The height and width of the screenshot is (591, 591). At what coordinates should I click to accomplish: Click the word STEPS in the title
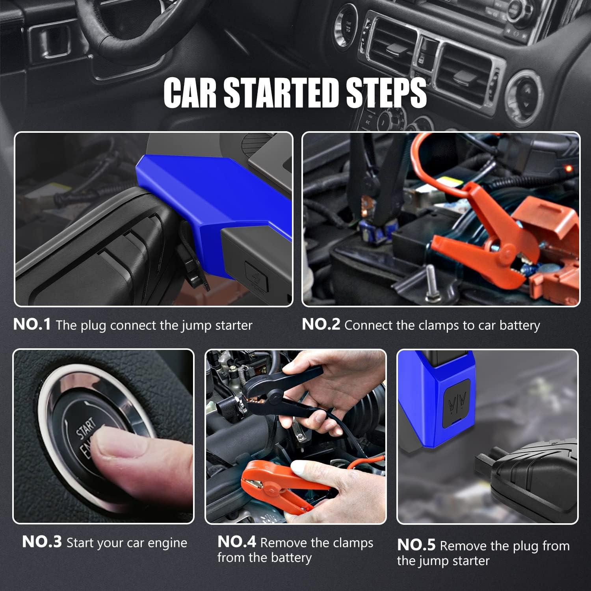pyautogui.click(x=386, y=93)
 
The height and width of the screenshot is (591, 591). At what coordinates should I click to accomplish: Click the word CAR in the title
pyautogui.click(x=190, y=93)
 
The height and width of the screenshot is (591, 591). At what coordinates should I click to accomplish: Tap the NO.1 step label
pyautogui.click(x=32, y=325)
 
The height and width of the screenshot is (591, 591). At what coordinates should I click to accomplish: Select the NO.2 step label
pyautogui.click(x=321, y=325)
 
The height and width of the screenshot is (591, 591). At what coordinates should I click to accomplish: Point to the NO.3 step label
pyautogui.click(x=42, y=542)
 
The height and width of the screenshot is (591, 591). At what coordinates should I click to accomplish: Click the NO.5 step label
pyautogui.click(x=416, y=545)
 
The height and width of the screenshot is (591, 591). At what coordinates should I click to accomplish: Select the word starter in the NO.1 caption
pyautogui.click(x=234, y=325)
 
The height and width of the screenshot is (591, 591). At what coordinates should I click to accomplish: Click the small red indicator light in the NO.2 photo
pyautogui.click(x=568, y=169)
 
